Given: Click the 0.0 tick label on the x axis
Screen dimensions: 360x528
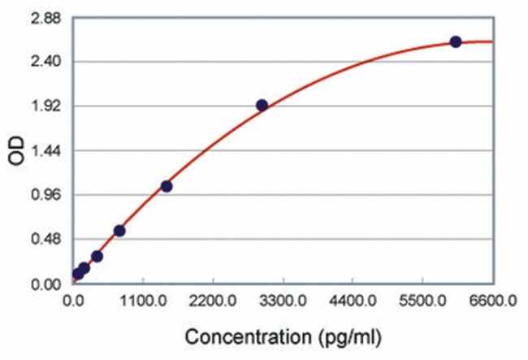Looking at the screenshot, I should click(74, 301).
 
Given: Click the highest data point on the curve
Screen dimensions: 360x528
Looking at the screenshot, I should click(456, 41).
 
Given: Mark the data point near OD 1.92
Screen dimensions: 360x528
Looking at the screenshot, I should click(262, 105).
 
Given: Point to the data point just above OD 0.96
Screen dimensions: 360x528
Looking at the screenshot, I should click(167, 186).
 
